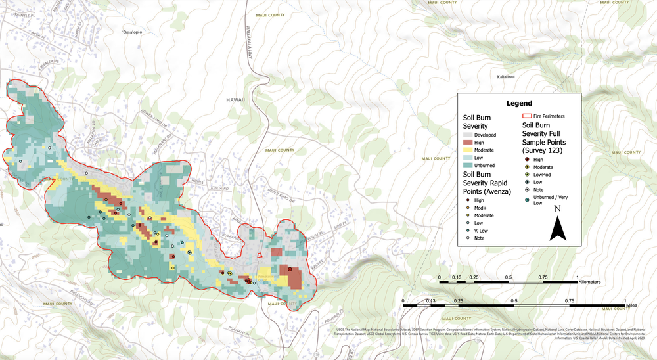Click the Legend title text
pos(519,103)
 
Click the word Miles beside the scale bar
pos(631,305)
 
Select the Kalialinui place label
pos(506,77)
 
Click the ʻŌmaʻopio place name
pos(132,32)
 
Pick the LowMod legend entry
pos(543,174)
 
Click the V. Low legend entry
pos(482,231)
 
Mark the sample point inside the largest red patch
pos(289,269)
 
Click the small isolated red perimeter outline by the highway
pos(260,256)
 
